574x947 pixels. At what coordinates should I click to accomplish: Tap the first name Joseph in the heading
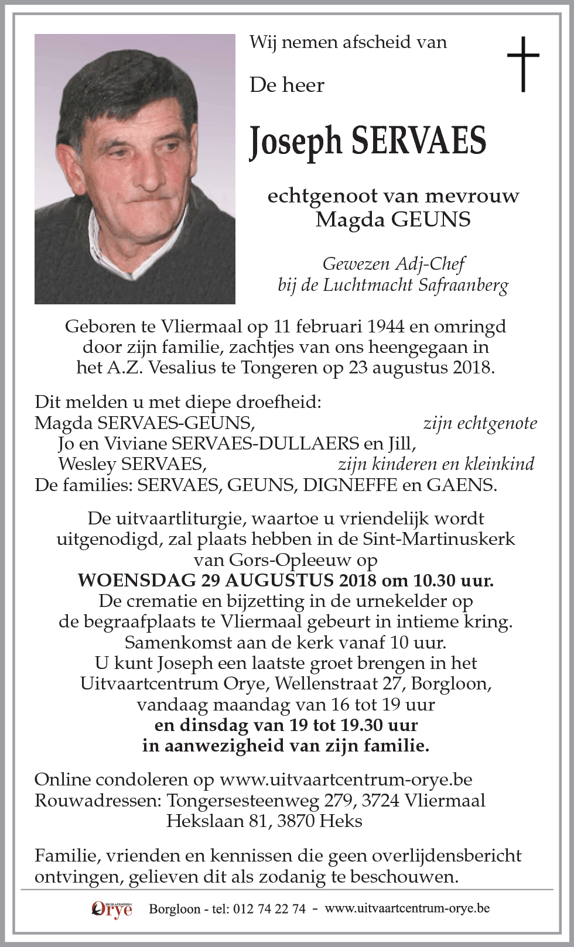tap(295, 142)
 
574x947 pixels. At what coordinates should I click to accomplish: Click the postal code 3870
tap(292, 821)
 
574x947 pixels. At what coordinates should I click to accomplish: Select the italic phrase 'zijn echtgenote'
tap(480, 423)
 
